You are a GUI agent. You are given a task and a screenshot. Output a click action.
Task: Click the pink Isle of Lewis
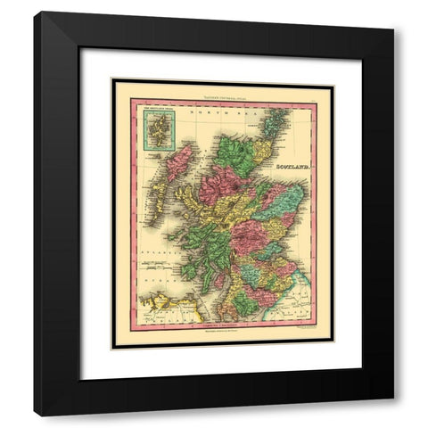pyautogui.click(x=181, y=160)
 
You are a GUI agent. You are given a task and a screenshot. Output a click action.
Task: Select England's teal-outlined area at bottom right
pyautogui.click(x=300, y=308)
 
